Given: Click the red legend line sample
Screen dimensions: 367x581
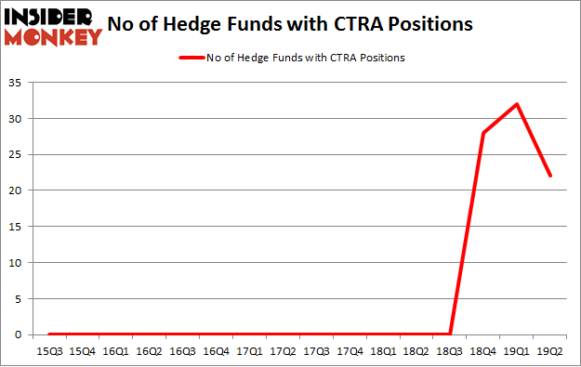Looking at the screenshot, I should point(191,58).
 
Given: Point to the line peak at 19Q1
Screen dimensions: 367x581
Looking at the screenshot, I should point(517,104).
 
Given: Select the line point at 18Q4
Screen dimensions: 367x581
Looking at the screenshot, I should point(483,133).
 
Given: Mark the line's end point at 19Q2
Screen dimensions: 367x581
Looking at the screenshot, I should point(550,176).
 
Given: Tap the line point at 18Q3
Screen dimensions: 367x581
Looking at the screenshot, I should point(450,334).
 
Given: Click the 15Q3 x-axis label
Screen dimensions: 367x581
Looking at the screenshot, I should point(48,350).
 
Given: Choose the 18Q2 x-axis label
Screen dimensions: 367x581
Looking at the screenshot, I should point(416,350).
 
